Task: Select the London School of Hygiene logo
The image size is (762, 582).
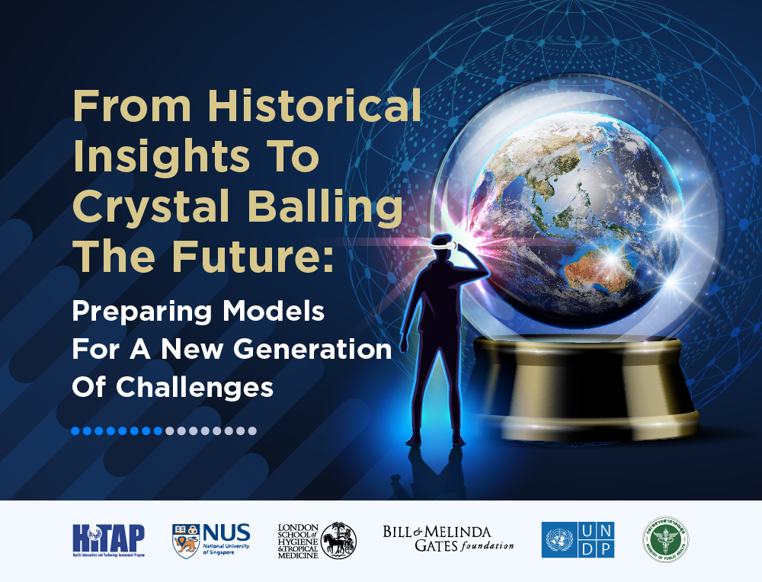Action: pos(317,540)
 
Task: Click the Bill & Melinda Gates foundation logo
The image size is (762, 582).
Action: pos(448,539)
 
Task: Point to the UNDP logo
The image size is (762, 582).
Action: pos(578,539)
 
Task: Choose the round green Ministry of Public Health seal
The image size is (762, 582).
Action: pos(665,539)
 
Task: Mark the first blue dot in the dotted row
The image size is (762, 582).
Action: pos(76,430)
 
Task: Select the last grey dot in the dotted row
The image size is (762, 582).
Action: pos(252,430)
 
